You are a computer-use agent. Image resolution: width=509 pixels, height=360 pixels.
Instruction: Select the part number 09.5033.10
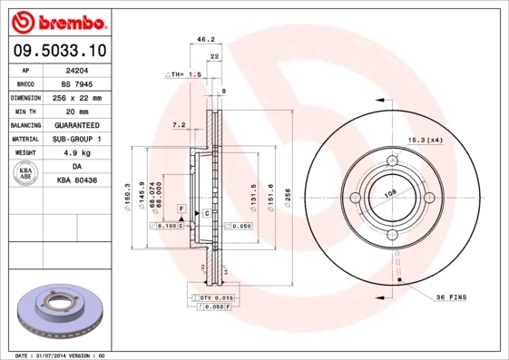pos(59,51)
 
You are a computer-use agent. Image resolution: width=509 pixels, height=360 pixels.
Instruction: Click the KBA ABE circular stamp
pos(26,174)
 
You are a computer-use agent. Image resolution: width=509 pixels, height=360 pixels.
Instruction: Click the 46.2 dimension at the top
pos(205,40)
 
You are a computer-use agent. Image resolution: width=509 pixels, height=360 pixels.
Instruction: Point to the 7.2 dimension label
pos(179,124)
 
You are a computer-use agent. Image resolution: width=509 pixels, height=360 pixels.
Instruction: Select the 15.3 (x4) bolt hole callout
pos(425,139)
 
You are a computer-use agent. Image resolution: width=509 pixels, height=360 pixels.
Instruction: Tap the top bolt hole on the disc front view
pos(394,161)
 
